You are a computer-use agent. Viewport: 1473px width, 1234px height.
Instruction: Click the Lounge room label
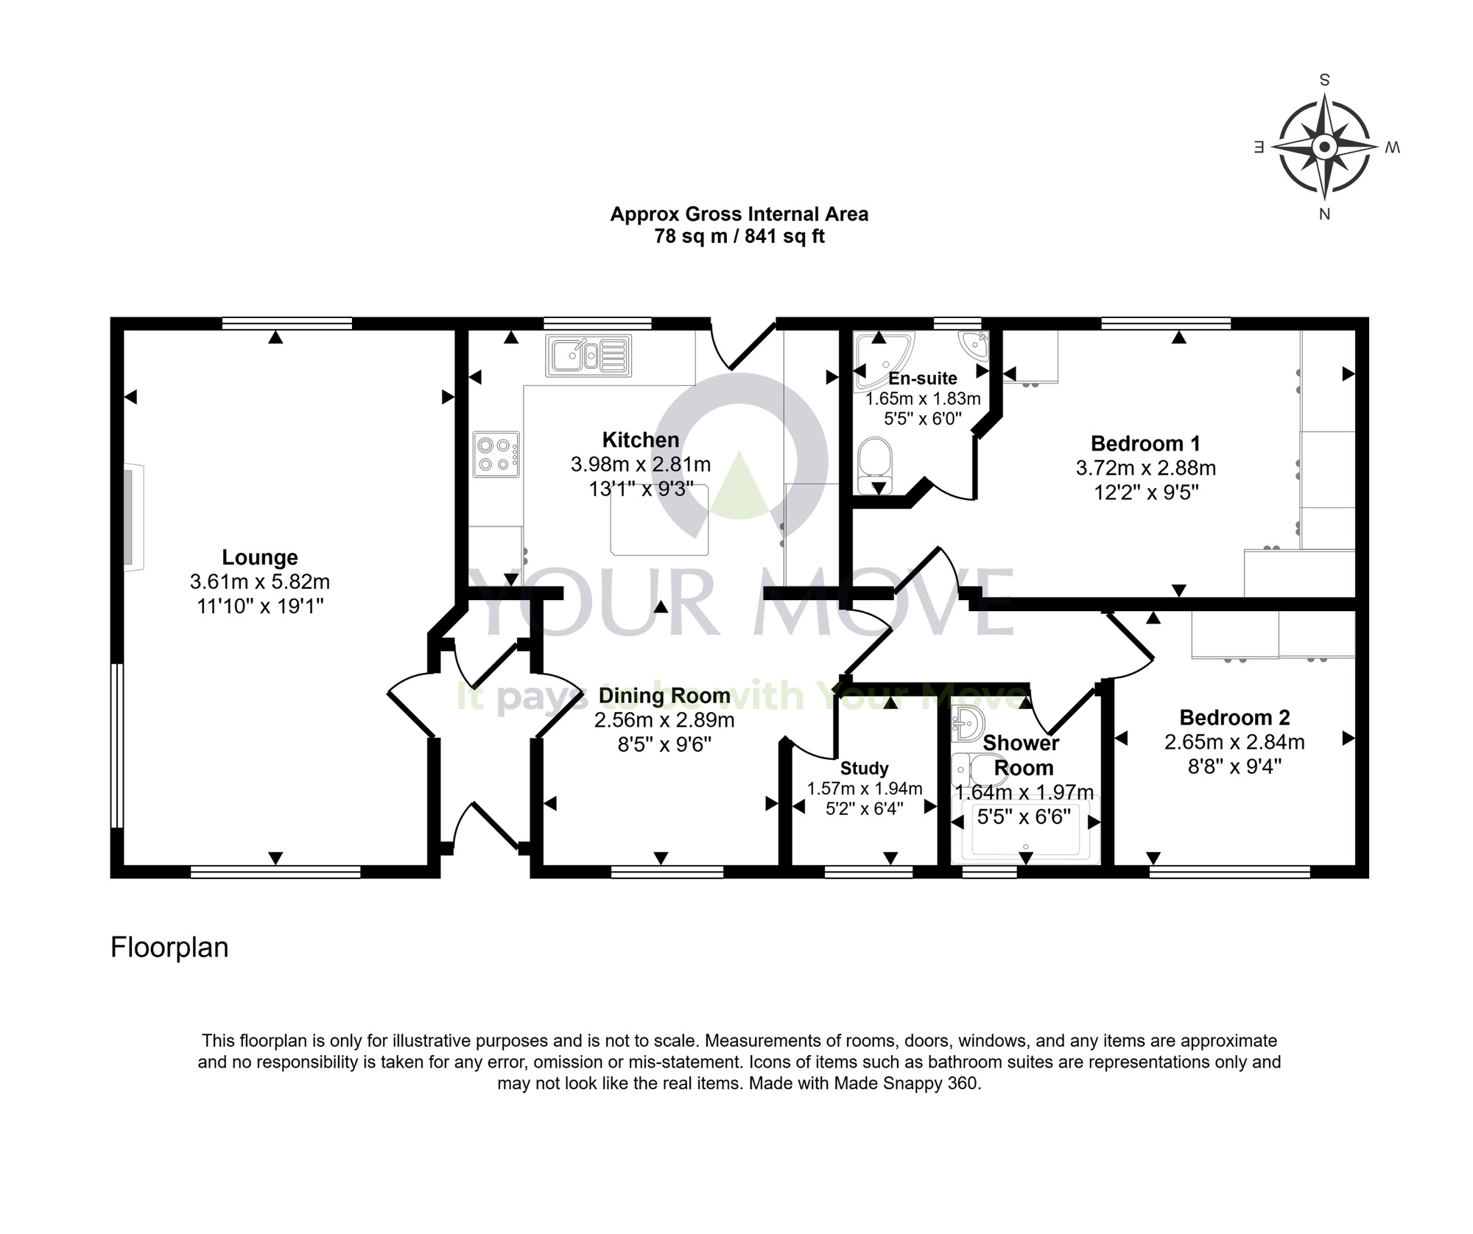pyautogui.click(x=260, y=557)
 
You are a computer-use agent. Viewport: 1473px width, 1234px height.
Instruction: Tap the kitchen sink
pyautogui.click(x=588, y=355)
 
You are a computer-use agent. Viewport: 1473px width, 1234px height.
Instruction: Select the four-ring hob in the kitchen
pyautogui.click(x=496, y=454)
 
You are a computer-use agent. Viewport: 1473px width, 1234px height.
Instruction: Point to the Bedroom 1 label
pyautogui.click(x=1145, y=443)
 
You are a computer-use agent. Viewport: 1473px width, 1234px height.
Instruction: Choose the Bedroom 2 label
pyautogui.click(x=1234, y=717)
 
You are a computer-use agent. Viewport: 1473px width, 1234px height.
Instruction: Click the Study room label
pyautogui.click(x=865, y=769)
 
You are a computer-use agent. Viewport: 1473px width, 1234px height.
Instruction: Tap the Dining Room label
pyautogui.click(x=664, y=695)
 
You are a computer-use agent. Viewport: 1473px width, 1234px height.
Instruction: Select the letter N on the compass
pyautogui.click(x=1324, y=214)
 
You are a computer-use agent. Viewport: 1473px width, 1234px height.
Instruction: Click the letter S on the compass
pyautogui.click(x=1324, y=80)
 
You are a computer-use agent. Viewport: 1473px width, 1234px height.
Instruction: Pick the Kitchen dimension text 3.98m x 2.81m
pyautogui.click(x=641, y=465)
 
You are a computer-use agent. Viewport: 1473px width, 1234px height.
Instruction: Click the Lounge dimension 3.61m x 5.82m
pyautogui.click(x=260, y=582)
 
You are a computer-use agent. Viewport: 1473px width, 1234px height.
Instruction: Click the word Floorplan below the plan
pyautogui.click(x=169, y=948)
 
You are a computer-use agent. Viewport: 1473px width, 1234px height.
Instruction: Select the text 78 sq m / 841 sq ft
pyautogui.click(x=739, y=236)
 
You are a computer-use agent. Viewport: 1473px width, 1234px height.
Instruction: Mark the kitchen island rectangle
pyautogui.click(x=660, y=520)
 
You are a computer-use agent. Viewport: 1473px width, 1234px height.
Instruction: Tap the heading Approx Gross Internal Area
pyautogui.click(x=739, y=214)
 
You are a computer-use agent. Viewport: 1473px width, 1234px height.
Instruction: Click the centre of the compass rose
pyautogui.click(x=1324, y=148)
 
